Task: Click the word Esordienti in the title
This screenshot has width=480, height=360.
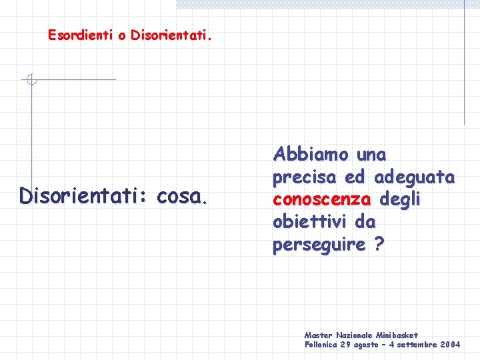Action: [x=79, y=35]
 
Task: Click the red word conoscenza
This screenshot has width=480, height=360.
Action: [x=322, y=199]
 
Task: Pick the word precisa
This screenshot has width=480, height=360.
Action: [x=305, y=177]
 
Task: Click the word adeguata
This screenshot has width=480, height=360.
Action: [x=415, y=177]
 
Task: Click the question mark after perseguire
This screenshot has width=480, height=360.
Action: [x=379, y=244]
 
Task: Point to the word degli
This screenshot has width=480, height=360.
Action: [x=400, y=199]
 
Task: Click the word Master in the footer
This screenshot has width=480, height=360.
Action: [x=317, y=335]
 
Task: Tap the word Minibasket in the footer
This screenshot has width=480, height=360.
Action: [x=396, y=335]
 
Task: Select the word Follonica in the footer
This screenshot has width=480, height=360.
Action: [x=321, y=345]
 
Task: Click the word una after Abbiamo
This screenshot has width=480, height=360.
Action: [x=371, y=155]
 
